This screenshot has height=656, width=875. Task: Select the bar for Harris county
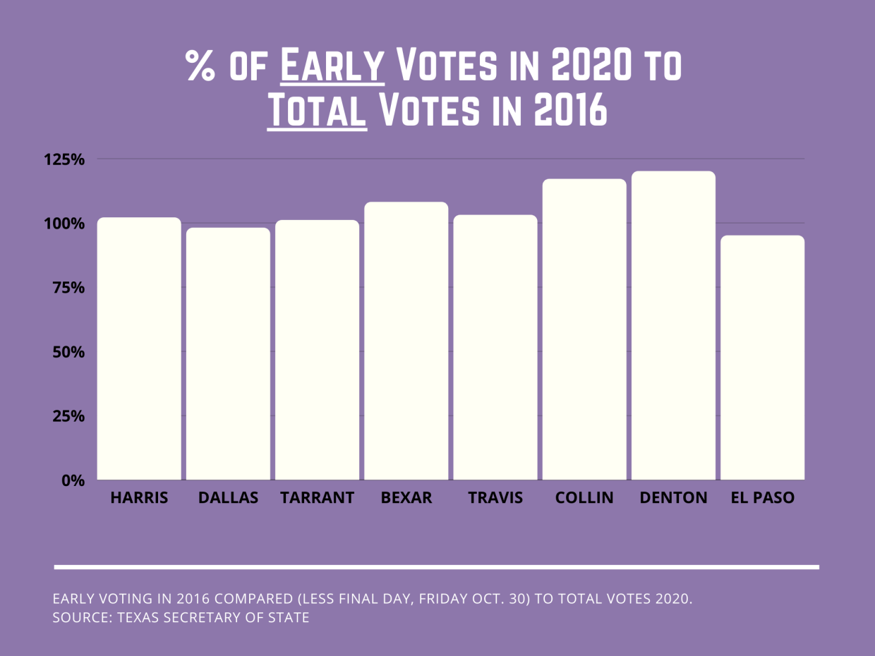tap(139, 348)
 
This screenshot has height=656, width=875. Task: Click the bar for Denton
tap(673, 325)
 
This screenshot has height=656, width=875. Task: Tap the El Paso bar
tap(763, 358)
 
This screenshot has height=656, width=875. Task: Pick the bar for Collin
tap(584, 329)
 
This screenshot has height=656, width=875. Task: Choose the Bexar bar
tap(406, 341)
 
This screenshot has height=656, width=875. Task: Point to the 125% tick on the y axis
tap(64, 159)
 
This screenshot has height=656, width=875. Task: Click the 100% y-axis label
tap(64, 224)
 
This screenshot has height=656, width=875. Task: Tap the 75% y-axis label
tap(68, 288)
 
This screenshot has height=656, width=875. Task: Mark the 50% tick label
tap(68, 352)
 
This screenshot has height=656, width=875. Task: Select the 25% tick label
tap(68, 416)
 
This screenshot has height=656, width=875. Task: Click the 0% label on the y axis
tap(73, 480)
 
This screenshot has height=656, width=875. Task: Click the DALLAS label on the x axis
tap(228, 498)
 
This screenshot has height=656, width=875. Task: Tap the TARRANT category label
tap(317, 498)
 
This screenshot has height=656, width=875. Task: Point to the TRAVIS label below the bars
tap(495, 498)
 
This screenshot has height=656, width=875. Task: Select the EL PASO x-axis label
tap(763, 498)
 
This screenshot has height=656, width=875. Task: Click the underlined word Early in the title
tap(332, 66)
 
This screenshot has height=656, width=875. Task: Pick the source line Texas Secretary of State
tap(181, 619)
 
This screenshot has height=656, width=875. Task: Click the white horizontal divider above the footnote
tap(436, 566)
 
